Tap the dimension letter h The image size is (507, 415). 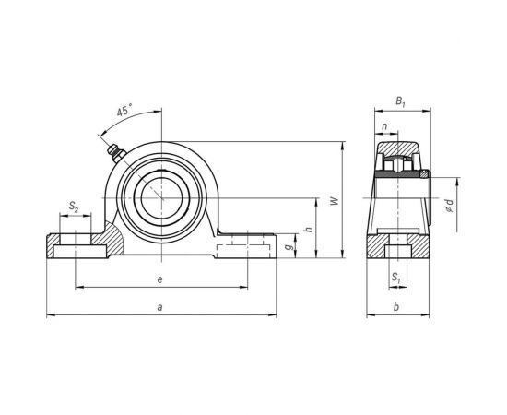[308, 231]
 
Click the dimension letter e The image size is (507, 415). [160, 279]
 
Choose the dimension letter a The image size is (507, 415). [160, 308]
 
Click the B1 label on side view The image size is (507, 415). [399, 101]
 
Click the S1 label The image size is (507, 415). [395, 276]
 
